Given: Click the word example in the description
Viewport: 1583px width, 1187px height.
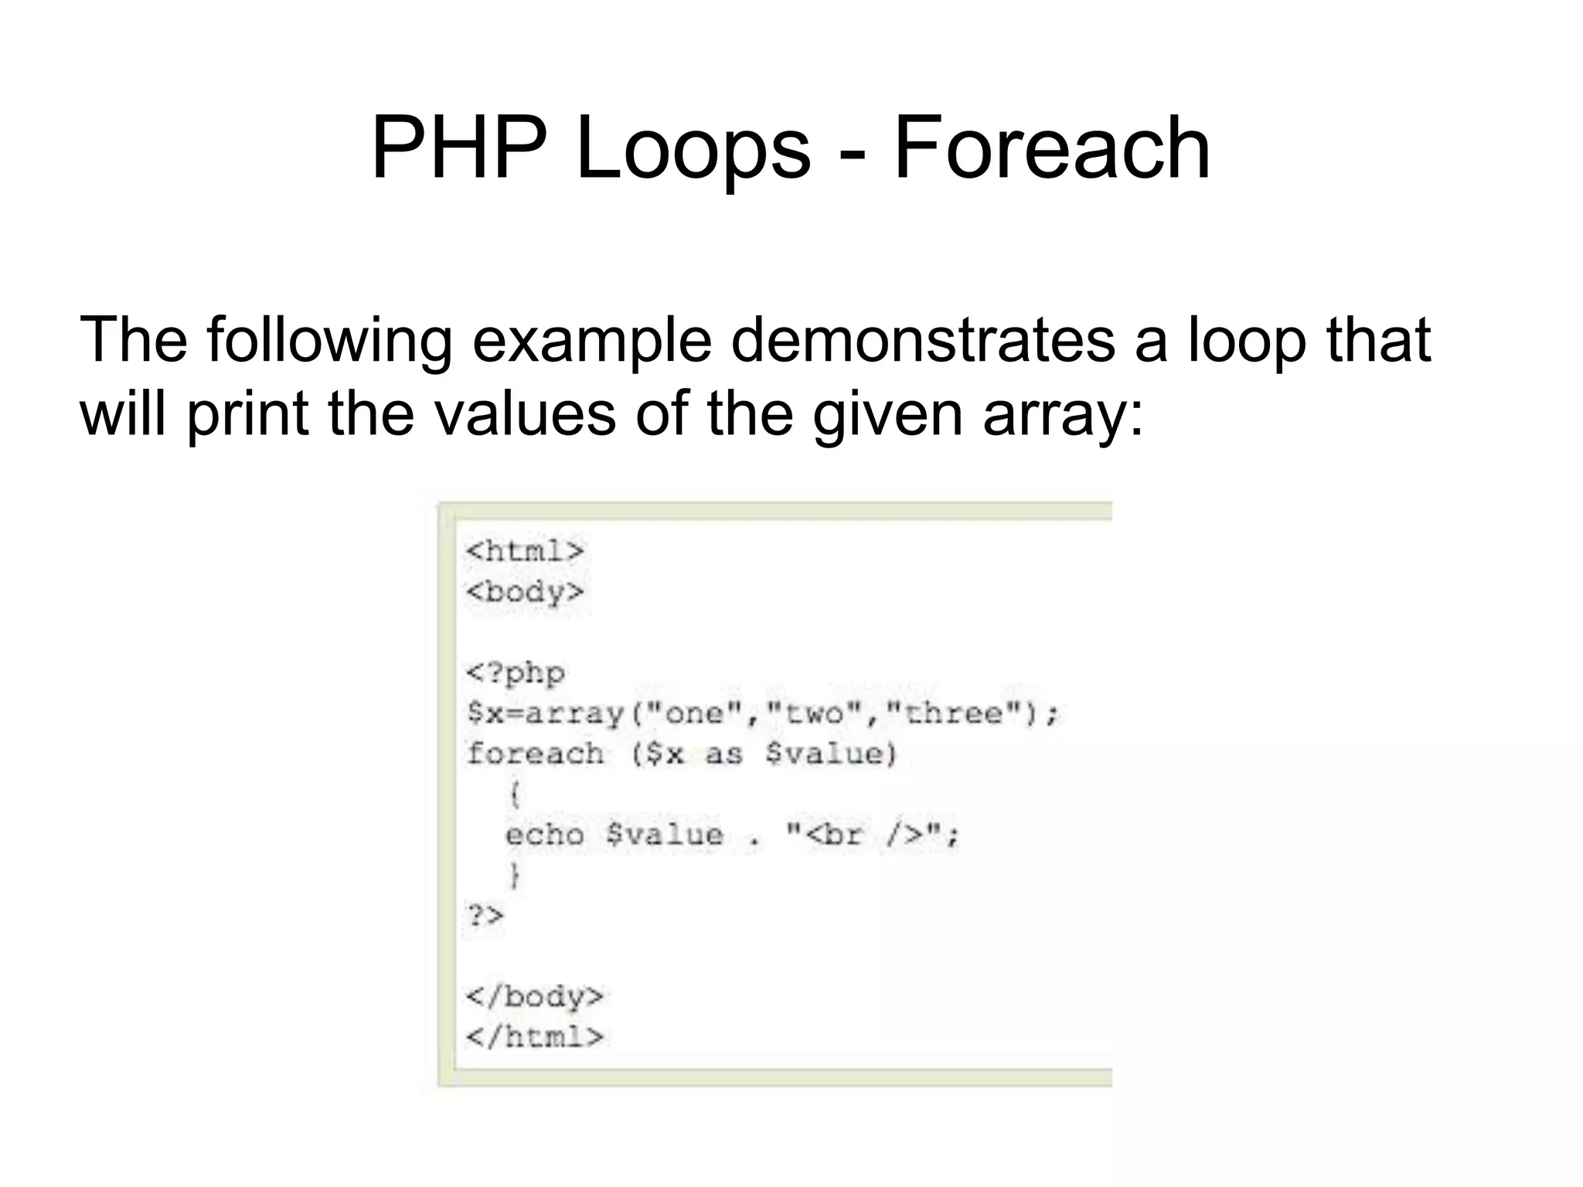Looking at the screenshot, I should tap(591, 340).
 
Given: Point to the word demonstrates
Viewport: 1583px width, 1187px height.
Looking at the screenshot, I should tap(923, 340).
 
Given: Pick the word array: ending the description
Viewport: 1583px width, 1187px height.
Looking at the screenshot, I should tap(1062, 413).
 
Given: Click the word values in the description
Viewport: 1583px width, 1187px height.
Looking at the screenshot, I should tap(525, 413).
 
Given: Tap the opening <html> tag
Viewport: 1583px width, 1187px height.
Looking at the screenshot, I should tap(525, 551).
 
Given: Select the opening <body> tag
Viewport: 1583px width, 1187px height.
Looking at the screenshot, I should tap(525, 592).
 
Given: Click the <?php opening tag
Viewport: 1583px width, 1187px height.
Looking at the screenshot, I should tap(516, 672).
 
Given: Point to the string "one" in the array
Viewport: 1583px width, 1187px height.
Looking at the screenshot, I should tap(693, 713).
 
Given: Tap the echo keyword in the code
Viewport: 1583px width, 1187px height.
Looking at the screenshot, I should tap(545, 835).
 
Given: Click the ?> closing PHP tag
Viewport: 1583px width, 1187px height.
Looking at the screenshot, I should tap(485, 916).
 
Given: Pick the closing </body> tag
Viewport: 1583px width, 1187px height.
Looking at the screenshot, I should tap(534, 996).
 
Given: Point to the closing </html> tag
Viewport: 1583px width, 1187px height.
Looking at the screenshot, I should tap(534, 1036).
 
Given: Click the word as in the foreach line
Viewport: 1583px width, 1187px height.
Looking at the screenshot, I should tap(723, 753).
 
